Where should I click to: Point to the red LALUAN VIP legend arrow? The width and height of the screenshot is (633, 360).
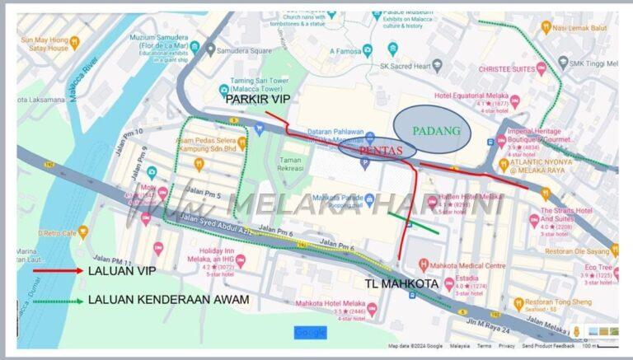57,270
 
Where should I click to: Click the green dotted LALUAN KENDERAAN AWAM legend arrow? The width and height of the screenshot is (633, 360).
57,301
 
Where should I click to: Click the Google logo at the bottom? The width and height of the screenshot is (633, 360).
310,332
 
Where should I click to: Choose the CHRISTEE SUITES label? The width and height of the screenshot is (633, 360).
506,71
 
